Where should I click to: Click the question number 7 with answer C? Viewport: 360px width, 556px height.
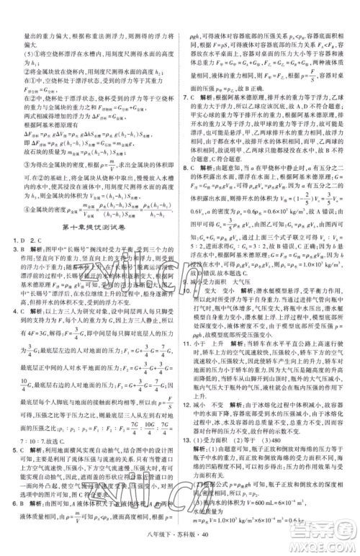(x=186, y=97)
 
